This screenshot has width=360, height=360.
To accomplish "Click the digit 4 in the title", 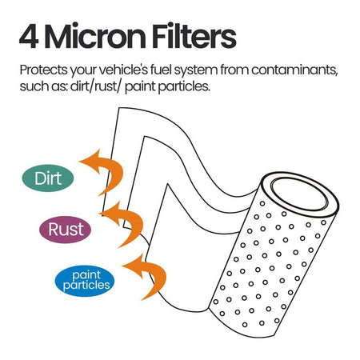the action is click(29, 36).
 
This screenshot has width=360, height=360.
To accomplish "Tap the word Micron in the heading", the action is click(95, 36).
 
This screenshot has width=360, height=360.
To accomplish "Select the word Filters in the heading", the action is click(194, 36).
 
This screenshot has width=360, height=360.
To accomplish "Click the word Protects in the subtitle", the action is click(44, 70).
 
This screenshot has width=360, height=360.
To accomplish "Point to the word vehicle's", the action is click(123, 70).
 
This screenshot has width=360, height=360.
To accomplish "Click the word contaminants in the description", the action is click(294, 70).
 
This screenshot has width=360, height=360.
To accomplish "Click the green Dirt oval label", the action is click(48, 178).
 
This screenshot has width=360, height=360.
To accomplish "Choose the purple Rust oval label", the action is click(66, 230).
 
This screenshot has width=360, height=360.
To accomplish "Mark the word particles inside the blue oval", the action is click(86, 286).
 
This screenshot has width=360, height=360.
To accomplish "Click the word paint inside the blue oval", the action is click(86, 275).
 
